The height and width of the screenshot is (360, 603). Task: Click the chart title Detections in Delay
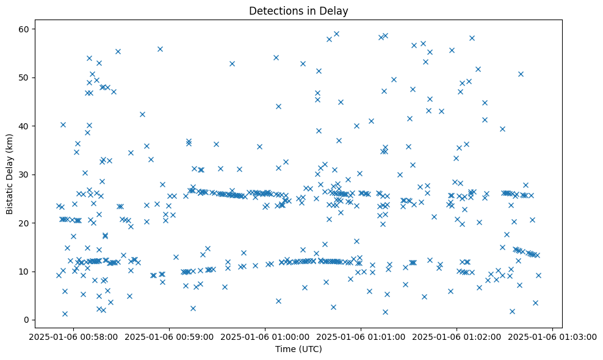(x=298, y=10)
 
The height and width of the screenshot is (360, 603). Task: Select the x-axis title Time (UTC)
(x=298, y=349)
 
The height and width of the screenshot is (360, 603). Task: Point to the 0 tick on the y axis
(x=27, y=320)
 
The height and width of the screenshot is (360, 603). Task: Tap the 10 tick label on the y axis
(x=24, y=272)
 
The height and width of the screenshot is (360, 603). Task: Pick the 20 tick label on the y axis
(x=24, y=223)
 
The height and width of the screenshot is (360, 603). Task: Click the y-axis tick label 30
(x=24, y=175)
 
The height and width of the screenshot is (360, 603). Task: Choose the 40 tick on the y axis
(x=24, y=126)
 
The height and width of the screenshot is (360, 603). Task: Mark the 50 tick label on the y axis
(x=24, y=77)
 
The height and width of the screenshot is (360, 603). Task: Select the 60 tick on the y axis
(x=24, y=29)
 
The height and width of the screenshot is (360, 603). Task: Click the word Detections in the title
(x=275, y=10)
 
